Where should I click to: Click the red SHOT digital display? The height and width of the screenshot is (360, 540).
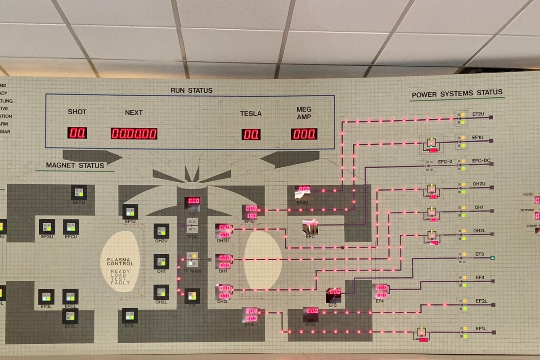coord(77,133)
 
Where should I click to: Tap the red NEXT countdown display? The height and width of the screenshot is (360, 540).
coord(134,134)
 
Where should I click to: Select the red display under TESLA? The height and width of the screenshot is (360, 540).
coord(251,134)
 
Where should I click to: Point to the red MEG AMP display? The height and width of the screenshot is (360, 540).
coord(304,134)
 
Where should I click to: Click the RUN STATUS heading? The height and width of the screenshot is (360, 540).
coord(191,90)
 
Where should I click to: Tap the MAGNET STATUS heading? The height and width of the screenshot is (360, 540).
coord(75,166)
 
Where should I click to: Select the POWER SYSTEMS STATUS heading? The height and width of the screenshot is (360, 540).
coord(457,94)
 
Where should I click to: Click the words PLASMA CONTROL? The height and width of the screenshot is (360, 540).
coord(121,262)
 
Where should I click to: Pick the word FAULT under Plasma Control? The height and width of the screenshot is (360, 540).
coord(121,283)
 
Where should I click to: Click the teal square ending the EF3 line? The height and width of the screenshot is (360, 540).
coord(493,258)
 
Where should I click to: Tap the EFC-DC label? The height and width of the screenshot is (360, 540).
coord(481,161)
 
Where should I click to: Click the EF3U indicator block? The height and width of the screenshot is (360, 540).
coord(47,227)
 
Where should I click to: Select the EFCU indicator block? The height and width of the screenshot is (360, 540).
coord(71,227)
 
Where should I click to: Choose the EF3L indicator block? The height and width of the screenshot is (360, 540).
coord(46,297)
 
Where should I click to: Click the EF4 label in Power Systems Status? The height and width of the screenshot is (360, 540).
coord(480,278)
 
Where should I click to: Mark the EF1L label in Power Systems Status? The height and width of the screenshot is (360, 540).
coord(481,328)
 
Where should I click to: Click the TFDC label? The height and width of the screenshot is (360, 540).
coord(192,237)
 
